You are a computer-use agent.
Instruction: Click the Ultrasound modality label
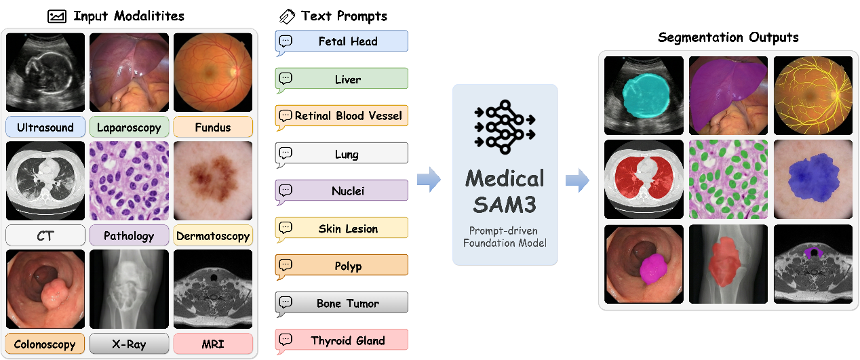[45, 127]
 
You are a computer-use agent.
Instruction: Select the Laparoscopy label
[129, 127]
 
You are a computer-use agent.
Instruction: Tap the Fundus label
[213, 127]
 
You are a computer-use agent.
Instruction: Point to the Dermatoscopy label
[213, 236]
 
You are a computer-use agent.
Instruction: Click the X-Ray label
[129, 344]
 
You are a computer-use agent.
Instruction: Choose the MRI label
[213, 344]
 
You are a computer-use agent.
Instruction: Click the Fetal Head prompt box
[342, 41]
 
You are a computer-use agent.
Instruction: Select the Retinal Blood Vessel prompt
[342, 116]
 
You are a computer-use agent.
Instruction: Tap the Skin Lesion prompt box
[342, 228]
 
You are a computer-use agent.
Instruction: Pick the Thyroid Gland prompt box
[342, 340]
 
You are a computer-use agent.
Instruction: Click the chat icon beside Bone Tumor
[286, 302]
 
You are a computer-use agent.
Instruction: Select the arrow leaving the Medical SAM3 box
[577, 180]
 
